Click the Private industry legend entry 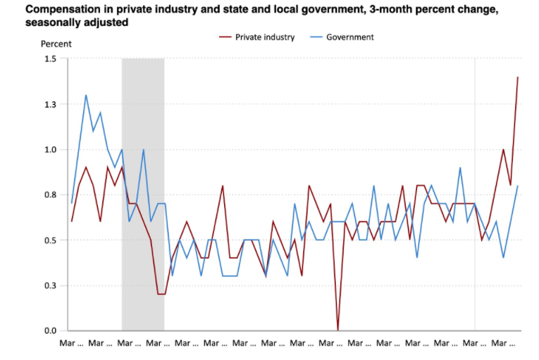point(264,37)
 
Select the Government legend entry point(350,37)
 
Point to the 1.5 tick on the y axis point(49,58)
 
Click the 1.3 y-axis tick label point(49,104)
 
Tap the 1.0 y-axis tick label point(49,149)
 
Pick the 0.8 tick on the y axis point(49,195)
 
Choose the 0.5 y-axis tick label point(49,240)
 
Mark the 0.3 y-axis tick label point(49,286)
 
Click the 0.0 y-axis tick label point(49,331)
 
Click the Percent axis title point(56,44)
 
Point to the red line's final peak point(518,77)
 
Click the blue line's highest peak point(86,95)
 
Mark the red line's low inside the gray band point(161,294)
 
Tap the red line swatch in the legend point(225,37)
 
